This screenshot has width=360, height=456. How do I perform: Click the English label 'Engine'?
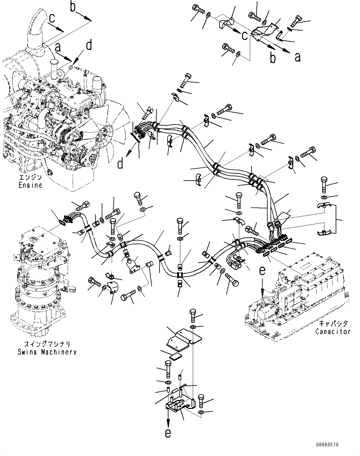pos(30,185)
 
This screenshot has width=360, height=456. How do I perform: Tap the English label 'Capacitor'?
pos(333,331)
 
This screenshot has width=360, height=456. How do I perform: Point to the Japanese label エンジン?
pos(30,178)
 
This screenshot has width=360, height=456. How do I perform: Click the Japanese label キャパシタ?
pos(333,324)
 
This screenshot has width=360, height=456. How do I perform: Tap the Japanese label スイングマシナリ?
pos(46,344)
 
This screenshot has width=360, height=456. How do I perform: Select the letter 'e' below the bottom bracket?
pos(168,433)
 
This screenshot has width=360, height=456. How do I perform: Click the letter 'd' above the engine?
pos(89,46)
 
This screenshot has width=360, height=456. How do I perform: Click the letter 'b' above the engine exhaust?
pos(73,7)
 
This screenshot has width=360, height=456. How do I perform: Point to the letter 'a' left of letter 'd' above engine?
pos(57,47)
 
